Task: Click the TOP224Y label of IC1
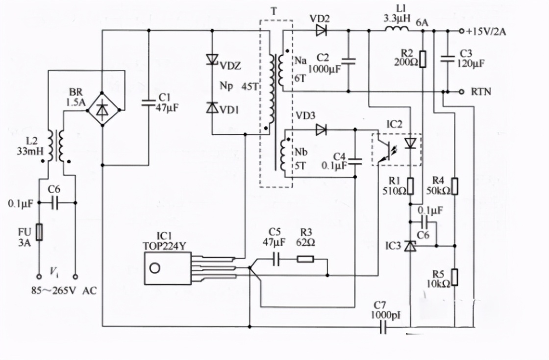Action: tap(164, 246)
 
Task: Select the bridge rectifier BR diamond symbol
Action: tap(102, 111)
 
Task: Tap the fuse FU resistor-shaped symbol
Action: tap(40, 231)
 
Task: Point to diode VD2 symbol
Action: tap(322, 31)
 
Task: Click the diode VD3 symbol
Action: tap(322, 129)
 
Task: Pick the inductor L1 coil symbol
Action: tap(397, 30)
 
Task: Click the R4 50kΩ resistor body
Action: tap(455, 186)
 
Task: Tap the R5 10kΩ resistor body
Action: tap(455, 277)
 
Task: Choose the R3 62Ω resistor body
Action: tap(305, 258)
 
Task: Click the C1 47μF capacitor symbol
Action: tap(149, 103)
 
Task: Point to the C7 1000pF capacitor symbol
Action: tap(383, 327)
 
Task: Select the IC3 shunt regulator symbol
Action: tap(410, 245)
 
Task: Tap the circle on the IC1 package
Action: tap(155, 269)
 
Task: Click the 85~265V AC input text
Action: tap(64, 291)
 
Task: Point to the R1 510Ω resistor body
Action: tap(410, 186)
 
